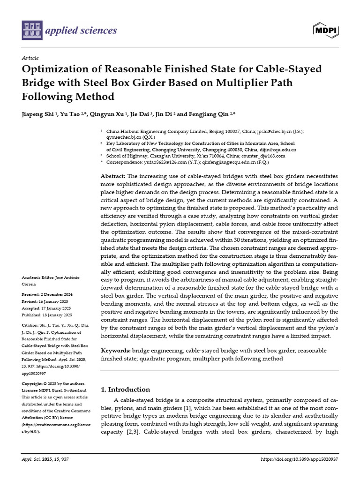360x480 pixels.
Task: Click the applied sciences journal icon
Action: click(x=32, y=30)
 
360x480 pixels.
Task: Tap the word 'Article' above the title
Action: click(x=30, y=58)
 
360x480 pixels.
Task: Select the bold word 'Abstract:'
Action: click(x=113, y=176)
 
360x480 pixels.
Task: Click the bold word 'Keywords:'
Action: click(x=116, y=351)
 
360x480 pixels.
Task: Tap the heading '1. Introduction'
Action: click(x=126, y=390)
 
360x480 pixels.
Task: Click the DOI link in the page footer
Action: click(x=299, y=459)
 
